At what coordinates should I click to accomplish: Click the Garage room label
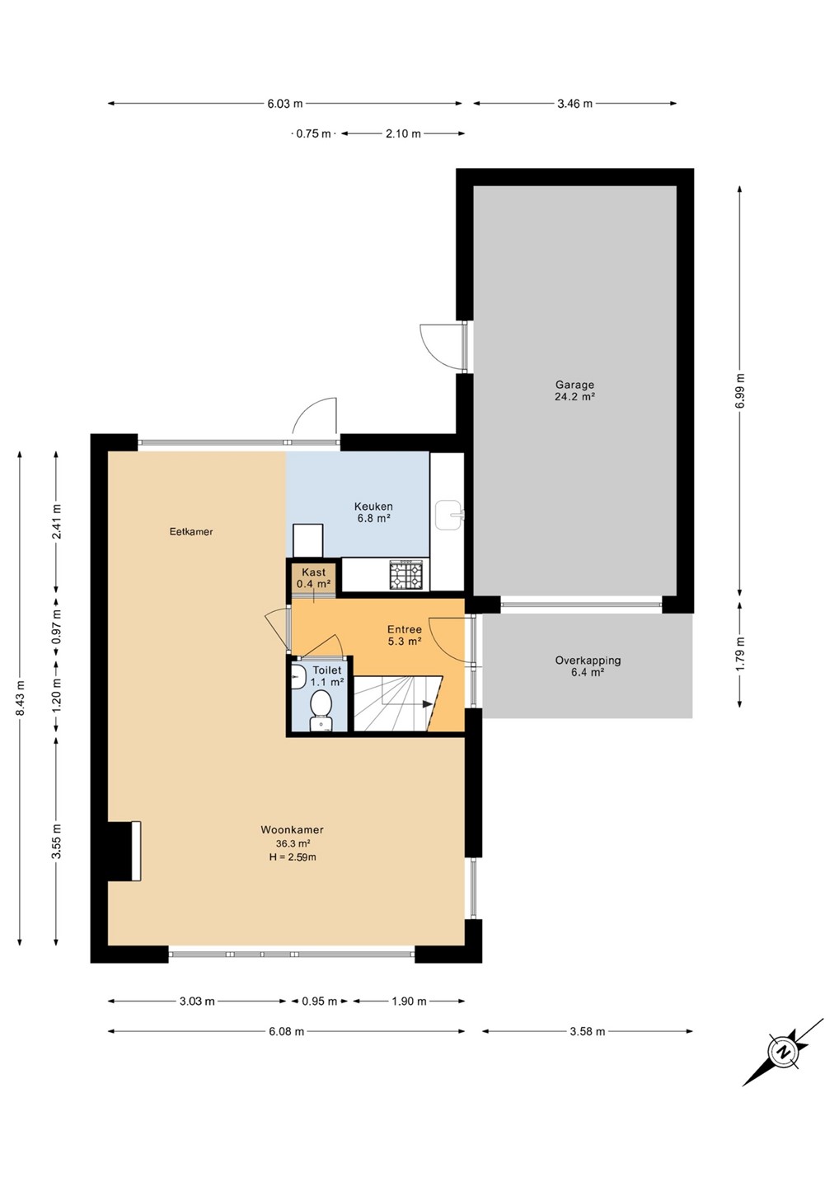click(x=574, y=385)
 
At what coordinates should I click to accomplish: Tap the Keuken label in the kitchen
click(x=373, y=507)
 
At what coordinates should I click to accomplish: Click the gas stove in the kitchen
click(x=406, y=576)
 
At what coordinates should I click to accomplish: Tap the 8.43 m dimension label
click(x=20, y=698)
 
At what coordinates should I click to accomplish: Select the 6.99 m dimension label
click(x=740, y=391)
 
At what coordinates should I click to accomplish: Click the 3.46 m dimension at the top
click(x=574, y=104)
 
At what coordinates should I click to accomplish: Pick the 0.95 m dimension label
click(x=320, y=1002)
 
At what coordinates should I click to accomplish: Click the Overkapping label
click(x=588, y=661)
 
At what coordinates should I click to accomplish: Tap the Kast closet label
click(x=313, y=572)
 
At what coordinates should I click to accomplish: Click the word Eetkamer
click(x=191, y=531)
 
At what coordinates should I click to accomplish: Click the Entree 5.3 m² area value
click(x=404, y=641)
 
